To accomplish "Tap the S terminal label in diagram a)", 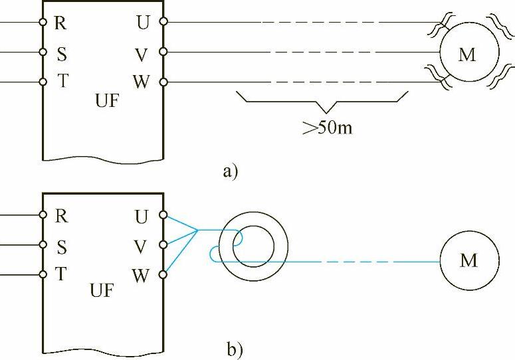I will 61,53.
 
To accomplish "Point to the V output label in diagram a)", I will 142,52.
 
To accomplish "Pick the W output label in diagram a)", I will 141,82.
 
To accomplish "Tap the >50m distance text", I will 327,127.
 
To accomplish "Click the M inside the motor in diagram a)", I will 468,54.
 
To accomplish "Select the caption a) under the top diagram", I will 230,172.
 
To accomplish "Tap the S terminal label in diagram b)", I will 61,246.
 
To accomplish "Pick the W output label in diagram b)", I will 141,275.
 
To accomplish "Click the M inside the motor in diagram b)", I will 469,260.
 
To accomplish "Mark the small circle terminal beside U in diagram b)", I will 163,215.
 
